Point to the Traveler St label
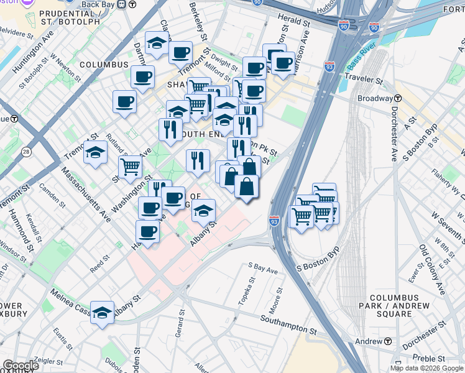364,81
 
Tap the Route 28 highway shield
25,152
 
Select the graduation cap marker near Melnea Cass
102,313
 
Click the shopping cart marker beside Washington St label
130,167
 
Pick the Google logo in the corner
21,366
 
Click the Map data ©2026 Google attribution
426,368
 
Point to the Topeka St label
247,292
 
